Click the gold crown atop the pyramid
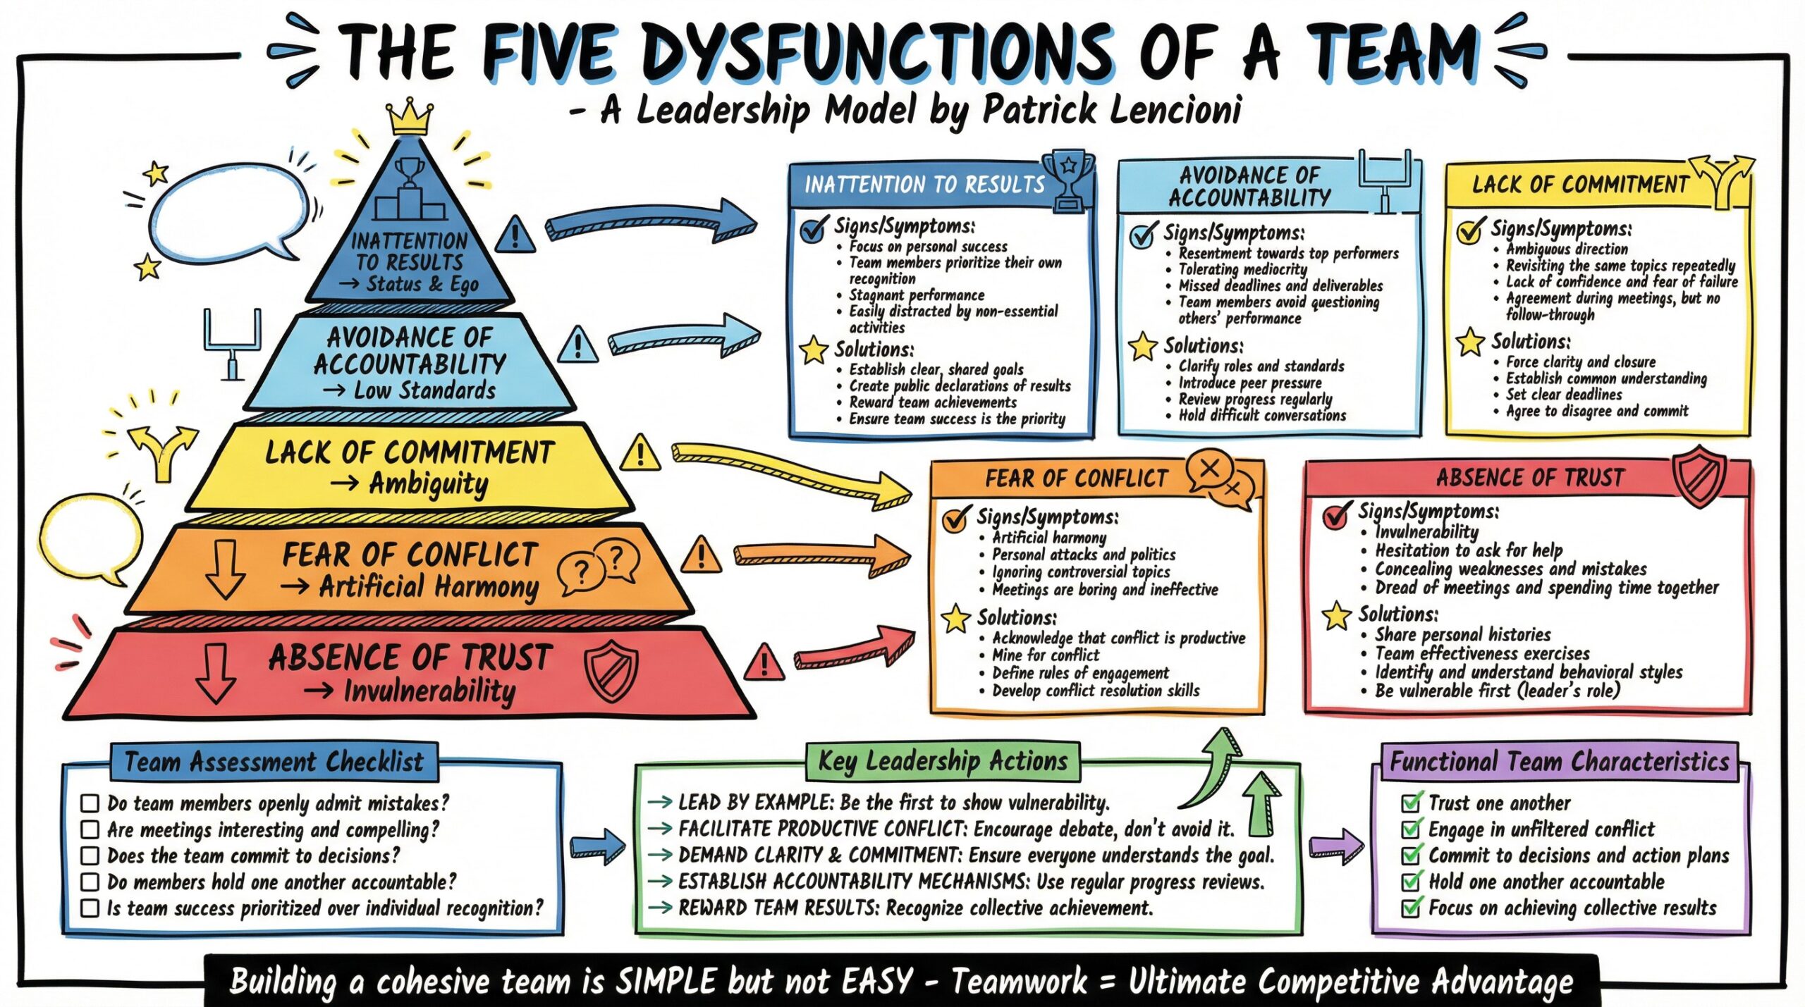pyautogui.click(x=409, y=117)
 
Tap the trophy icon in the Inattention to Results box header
pyautogui.click(x=1069, y=179)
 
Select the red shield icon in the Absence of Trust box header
pyautogui.click(x=1701, y=476)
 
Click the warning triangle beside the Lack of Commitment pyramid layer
pyautogui.click(x=640, y=453)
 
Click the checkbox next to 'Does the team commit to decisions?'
pyautogui.click(x=90, y=855)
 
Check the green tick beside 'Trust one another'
pyautogui.click(x=1411, y=803)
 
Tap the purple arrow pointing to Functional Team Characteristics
pyautogui.click(x=1336, y=845)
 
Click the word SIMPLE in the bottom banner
pyautogui.click(x=666, y=981)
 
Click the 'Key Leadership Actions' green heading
pyautogui.click(x=943, y=761)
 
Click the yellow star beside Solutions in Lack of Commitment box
pyautogui.click(x=1470, y=342)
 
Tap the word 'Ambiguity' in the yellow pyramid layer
pyautogui.click(x=429, y=484)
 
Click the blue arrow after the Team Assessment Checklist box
pyautogui.click(x=596, y=845)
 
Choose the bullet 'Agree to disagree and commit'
pyautogui.click(x=1597, y=411)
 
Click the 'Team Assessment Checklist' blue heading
pyautogui.click(x=274, y=762)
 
